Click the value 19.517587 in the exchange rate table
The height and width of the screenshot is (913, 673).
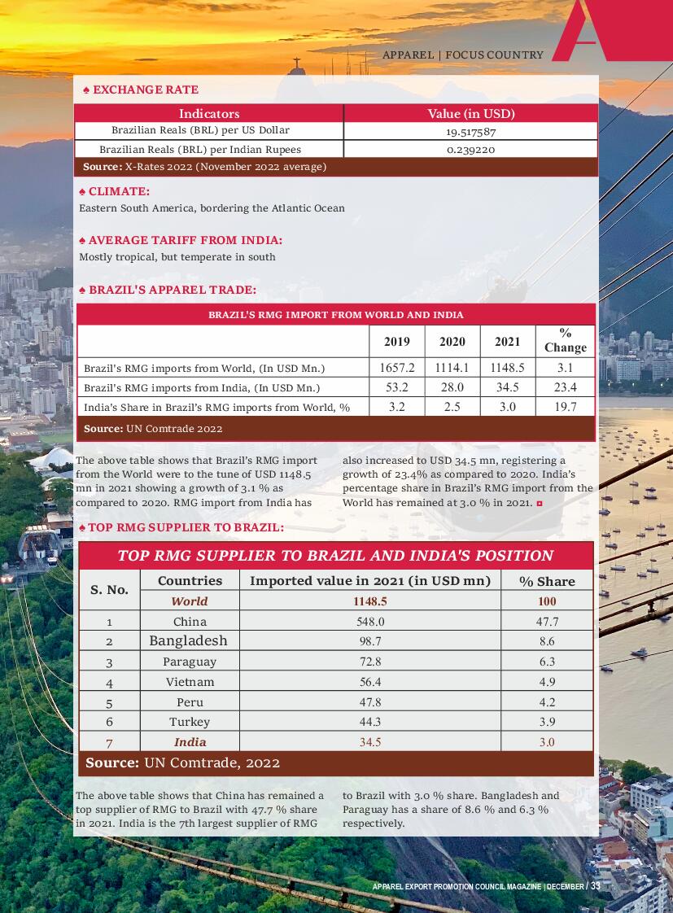tap(470, 131)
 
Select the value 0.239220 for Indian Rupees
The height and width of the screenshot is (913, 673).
tap(470, 150)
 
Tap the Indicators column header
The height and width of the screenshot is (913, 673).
tap(209, 114)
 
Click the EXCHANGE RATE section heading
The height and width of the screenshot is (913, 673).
tap(145, 90)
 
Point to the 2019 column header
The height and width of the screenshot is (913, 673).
tap(396, 342)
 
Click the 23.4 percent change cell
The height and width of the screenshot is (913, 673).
tap(565, 387)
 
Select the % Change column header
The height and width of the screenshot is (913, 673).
tap(565, 340)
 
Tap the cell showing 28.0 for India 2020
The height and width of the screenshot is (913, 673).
tap(452, 387)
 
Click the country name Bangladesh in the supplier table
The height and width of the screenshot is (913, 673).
tap(189, 641)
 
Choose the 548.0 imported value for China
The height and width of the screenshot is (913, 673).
tap(370, 622)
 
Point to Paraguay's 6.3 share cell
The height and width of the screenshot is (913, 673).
tap(547, 662)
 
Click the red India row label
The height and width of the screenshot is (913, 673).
tap(190, 742)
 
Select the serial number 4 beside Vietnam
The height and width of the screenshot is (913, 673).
tap(109, 682)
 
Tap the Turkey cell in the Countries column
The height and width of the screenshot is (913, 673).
tap(190, 722)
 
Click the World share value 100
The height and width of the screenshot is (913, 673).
tap(547, 601)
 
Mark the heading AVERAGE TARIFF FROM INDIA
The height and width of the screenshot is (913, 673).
tap(185, 240)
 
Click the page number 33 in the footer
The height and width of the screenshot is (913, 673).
tap(596, 886)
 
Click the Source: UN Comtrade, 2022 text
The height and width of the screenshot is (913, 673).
tap(183, 763)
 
